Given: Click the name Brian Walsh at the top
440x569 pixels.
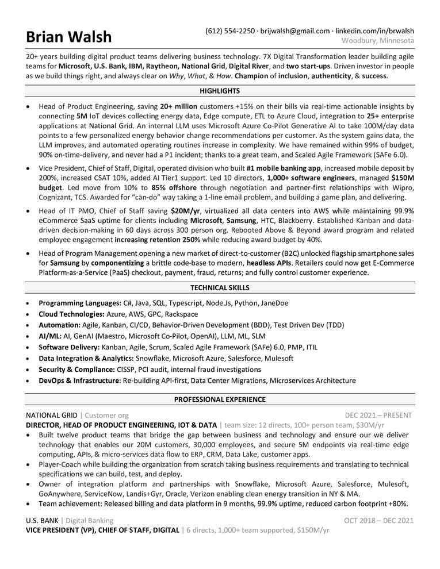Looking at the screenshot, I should tap(69, 37).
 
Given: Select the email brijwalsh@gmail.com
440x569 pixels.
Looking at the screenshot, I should tap(294, 30).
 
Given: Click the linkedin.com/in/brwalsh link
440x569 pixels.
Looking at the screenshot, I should tap(374, 30).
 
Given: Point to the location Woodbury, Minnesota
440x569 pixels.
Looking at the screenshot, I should tap(378, 41).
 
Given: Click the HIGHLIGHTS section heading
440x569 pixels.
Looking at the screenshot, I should tap(220, 91).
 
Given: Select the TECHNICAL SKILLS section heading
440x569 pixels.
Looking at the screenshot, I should tap(220, 288).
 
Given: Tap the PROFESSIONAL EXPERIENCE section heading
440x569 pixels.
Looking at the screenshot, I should tap(220, 399).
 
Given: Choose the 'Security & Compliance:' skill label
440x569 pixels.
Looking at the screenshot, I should tap(76, 370).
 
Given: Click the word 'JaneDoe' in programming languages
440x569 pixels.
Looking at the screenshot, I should tap(274, 302).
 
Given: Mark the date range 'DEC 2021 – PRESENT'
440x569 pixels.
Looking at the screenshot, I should tap(379, 415).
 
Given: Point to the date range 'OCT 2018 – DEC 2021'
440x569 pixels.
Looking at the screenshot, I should tap(378, 521).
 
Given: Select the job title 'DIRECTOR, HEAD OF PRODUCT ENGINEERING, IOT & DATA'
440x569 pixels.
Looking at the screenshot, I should tap(121, 425).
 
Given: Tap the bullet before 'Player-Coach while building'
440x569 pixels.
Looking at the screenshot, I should tap(29, 464).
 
